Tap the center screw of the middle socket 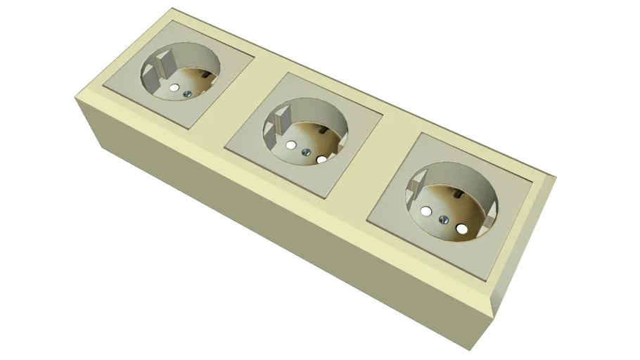click(306, 152)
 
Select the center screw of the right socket click(444, 220)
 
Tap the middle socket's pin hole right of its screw click(322, 160)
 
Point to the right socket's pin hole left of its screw click(425, 211)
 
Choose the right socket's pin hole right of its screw click(462, 229)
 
